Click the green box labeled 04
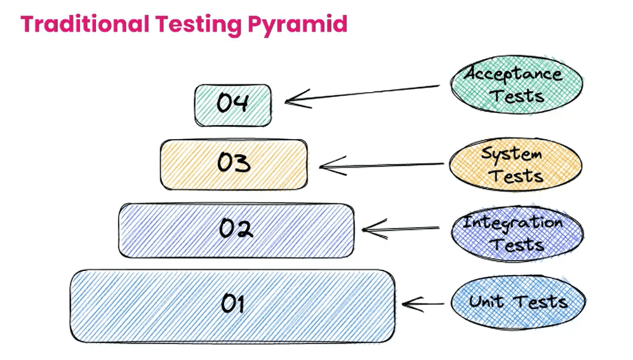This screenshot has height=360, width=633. coord(233,104)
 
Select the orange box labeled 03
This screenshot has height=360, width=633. coord(233,164)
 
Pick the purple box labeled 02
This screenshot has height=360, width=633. coord(236,230)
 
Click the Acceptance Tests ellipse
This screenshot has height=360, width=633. coord(516,84)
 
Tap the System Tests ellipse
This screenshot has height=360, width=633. coord(515,164)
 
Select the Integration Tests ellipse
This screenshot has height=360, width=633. coord(516,233)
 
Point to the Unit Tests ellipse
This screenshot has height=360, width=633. coord(517,303)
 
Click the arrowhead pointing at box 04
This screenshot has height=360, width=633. coord(292,100)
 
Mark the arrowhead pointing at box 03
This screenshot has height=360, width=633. coord(326,167)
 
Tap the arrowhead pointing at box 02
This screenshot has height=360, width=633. coord(368,229)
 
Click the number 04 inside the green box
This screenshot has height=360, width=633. coord(232,103)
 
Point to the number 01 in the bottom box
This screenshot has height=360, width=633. coord(232,305)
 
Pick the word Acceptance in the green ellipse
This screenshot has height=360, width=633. coord(514,74)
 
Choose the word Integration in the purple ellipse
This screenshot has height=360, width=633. coord(513,223)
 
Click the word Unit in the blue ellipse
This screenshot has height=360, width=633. coord(488,302)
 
